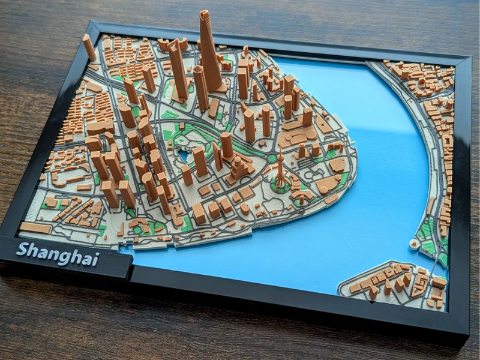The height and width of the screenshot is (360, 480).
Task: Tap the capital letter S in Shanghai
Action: [x=22, y=248]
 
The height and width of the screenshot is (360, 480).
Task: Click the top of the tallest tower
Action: [x=205, y=14]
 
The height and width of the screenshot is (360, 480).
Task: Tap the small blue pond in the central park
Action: [x=184, y=156]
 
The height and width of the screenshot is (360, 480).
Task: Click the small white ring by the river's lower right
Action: [x=413, y=244]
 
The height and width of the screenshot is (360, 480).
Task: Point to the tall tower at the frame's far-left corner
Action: [x=89, y=47]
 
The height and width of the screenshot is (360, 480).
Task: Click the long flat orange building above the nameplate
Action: [x=35, y=228]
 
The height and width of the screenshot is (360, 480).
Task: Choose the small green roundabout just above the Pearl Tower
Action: [x=272, y=158]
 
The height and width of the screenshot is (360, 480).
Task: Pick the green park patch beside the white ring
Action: [x=428, y=246]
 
